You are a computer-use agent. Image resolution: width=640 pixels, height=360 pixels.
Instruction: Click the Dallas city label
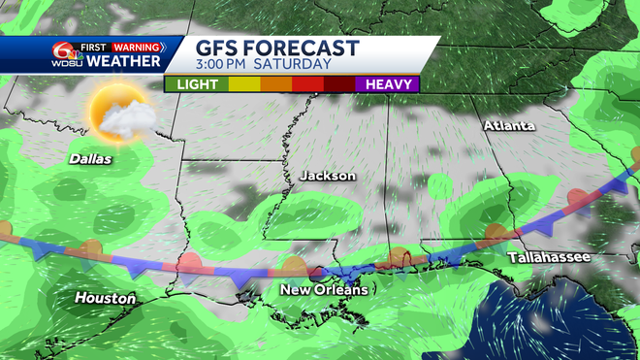tap(90, 158)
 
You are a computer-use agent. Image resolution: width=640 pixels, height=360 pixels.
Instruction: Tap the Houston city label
tap(106, 298)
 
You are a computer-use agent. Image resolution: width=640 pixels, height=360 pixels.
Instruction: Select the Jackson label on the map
tap(328, 176)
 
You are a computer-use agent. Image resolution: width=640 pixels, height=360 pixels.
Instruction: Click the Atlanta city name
tap(509, 126)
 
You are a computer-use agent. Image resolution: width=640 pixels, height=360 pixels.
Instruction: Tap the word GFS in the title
tap(219, 49)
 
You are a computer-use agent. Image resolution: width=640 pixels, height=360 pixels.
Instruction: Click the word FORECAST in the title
tap(309, 49)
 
